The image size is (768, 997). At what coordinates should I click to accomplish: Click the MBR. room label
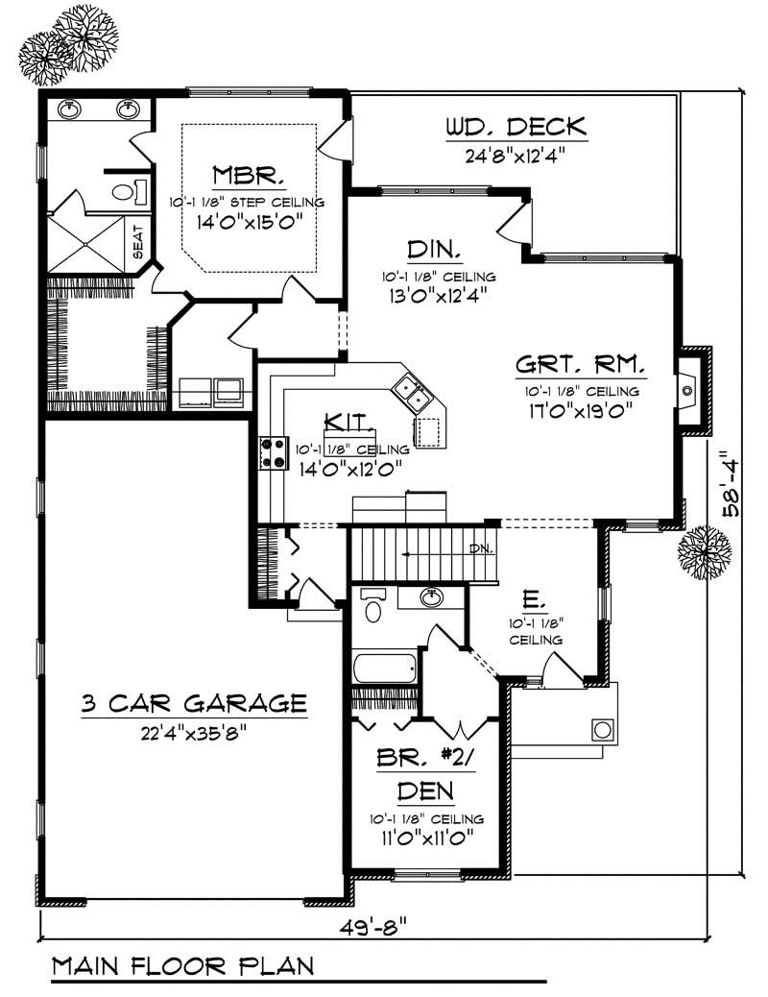click(x=248, y=176)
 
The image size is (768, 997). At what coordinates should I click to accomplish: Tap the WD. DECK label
click(x=516, y=127)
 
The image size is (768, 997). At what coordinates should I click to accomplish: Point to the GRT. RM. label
click(x=581, y=366)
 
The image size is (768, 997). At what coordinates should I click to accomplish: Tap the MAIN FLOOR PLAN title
click(x=181, y=964)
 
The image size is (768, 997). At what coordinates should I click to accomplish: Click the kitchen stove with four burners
click(x=275, y=452)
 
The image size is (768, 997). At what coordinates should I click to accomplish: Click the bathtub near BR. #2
click(x=384, y=667)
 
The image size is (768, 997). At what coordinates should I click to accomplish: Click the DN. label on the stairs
click(x=481, y=549)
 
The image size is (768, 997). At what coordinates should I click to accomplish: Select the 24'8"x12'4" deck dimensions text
click(x=516, y=154)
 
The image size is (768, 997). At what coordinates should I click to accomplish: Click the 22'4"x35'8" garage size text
click(x=193, y=734)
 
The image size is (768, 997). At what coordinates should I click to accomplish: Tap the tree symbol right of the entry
click(x=705, y=550)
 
